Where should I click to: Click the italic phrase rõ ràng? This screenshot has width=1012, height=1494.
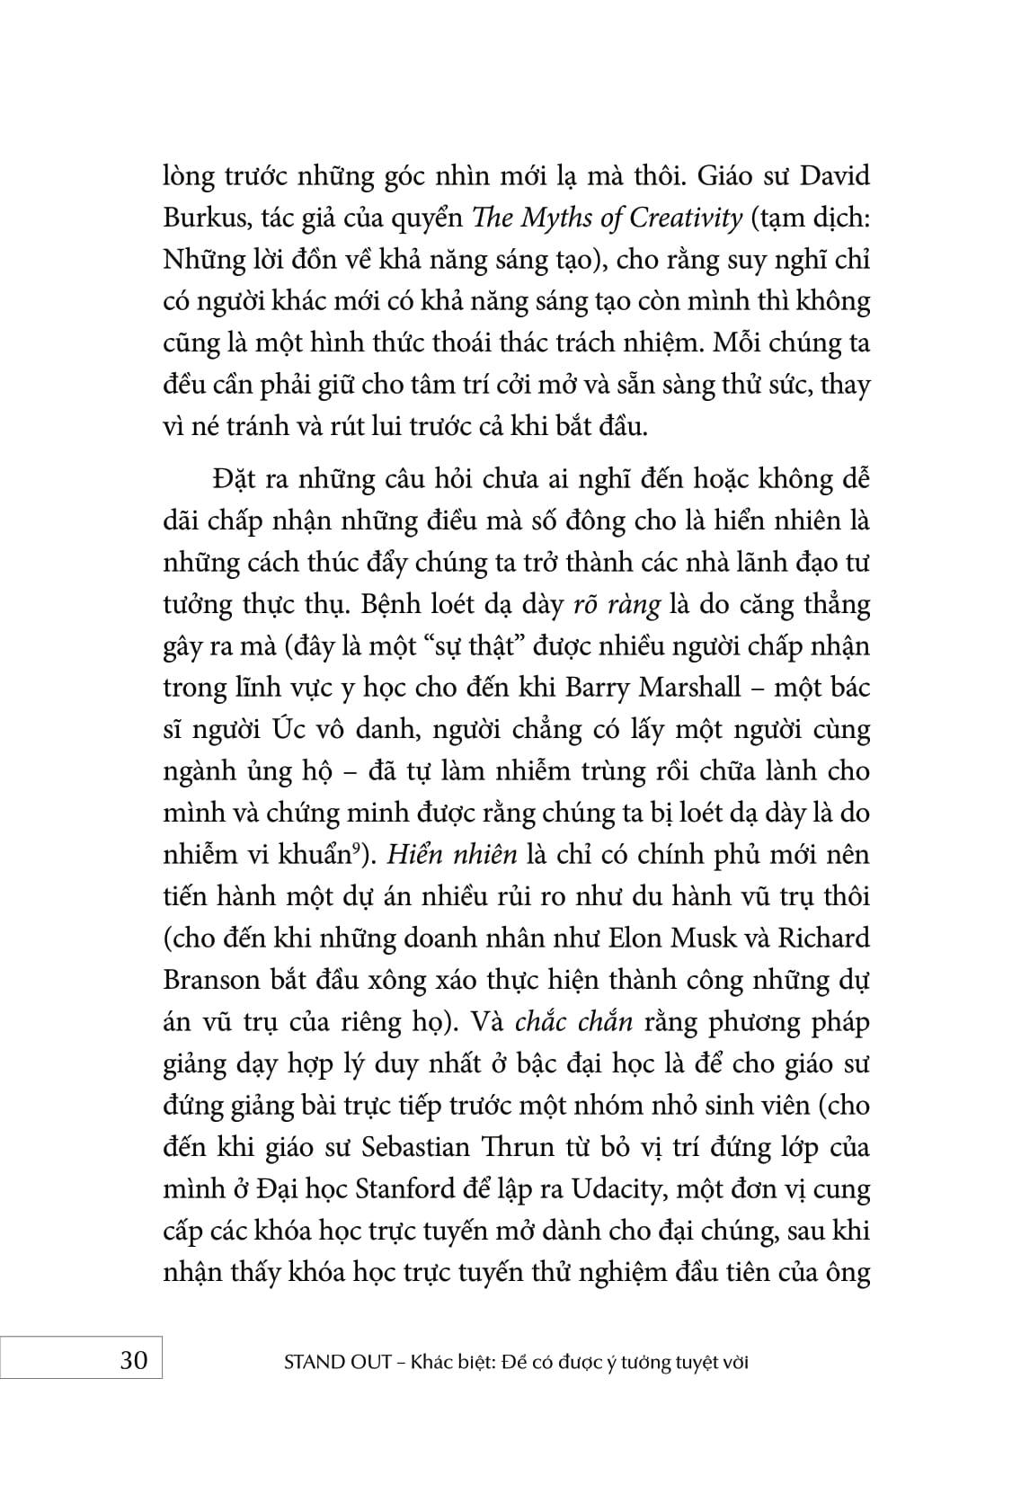pos(617,604)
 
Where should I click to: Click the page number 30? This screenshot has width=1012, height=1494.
pos(133,1361)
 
